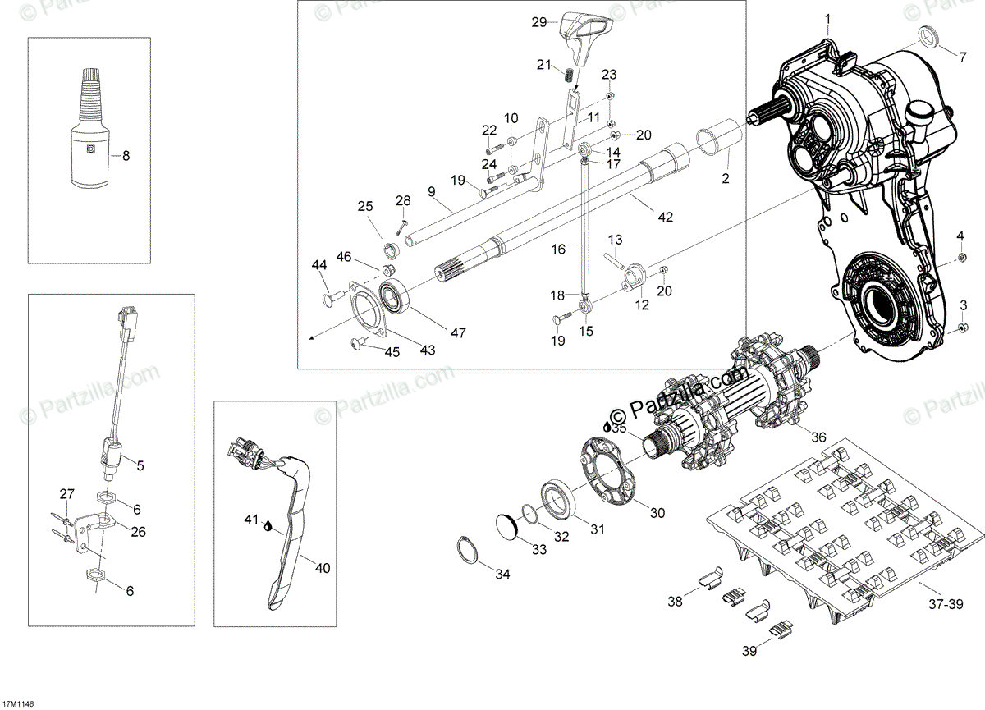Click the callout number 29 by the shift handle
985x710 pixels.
[x=539, y=22]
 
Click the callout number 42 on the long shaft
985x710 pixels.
[x=665, y=218]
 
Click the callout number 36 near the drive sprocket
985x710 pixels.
[x=818, y=437]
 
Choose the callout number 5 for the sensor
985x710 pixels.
[x=140, y=465]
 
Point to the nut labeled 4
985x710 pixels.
[x=960, y=260]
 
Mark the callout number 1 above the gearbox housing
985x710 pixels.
[x=827, y=18]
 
